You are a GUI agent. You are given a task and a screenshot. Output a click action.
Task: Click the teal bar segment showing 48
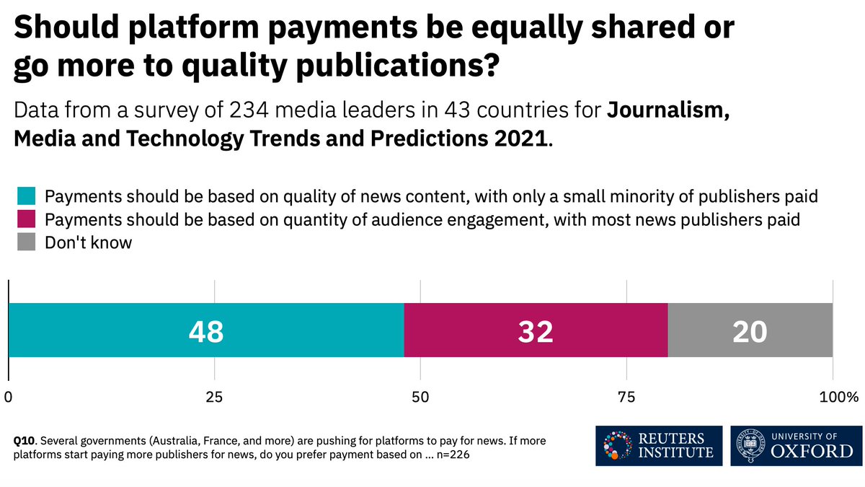206,330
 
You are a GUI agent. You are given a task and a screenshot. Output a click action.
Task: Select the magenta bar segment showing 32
536,330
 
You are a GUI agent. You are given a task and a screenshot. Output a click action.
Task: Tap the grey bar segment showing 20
750,330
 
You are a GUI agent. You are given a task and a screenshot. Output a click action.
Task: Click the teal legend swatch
27,196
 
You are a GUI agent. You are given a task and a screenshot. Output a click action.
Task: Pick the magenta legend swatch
27,219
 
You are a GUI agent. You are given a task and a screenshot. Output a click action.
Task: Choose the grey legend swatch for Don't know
27,242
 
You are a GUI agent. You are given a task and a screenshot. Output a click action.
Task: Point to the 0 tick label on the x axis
9,397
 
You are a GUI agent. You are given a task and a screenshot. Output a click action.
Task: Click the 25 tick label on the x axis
214,397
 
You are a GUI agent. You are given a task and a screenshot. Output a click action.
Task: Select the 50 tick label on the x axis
420,397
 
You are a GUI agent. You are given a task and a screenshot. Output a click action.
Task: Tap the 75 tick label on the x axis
626,397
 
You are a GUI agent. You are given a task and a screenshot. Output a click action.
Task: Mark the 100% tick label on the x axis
839,397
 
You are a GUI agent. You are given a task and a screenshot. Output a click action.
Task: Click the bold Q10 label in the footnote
26,440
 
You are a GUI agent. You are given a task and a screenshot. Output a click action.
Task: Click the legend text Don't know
89,242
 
